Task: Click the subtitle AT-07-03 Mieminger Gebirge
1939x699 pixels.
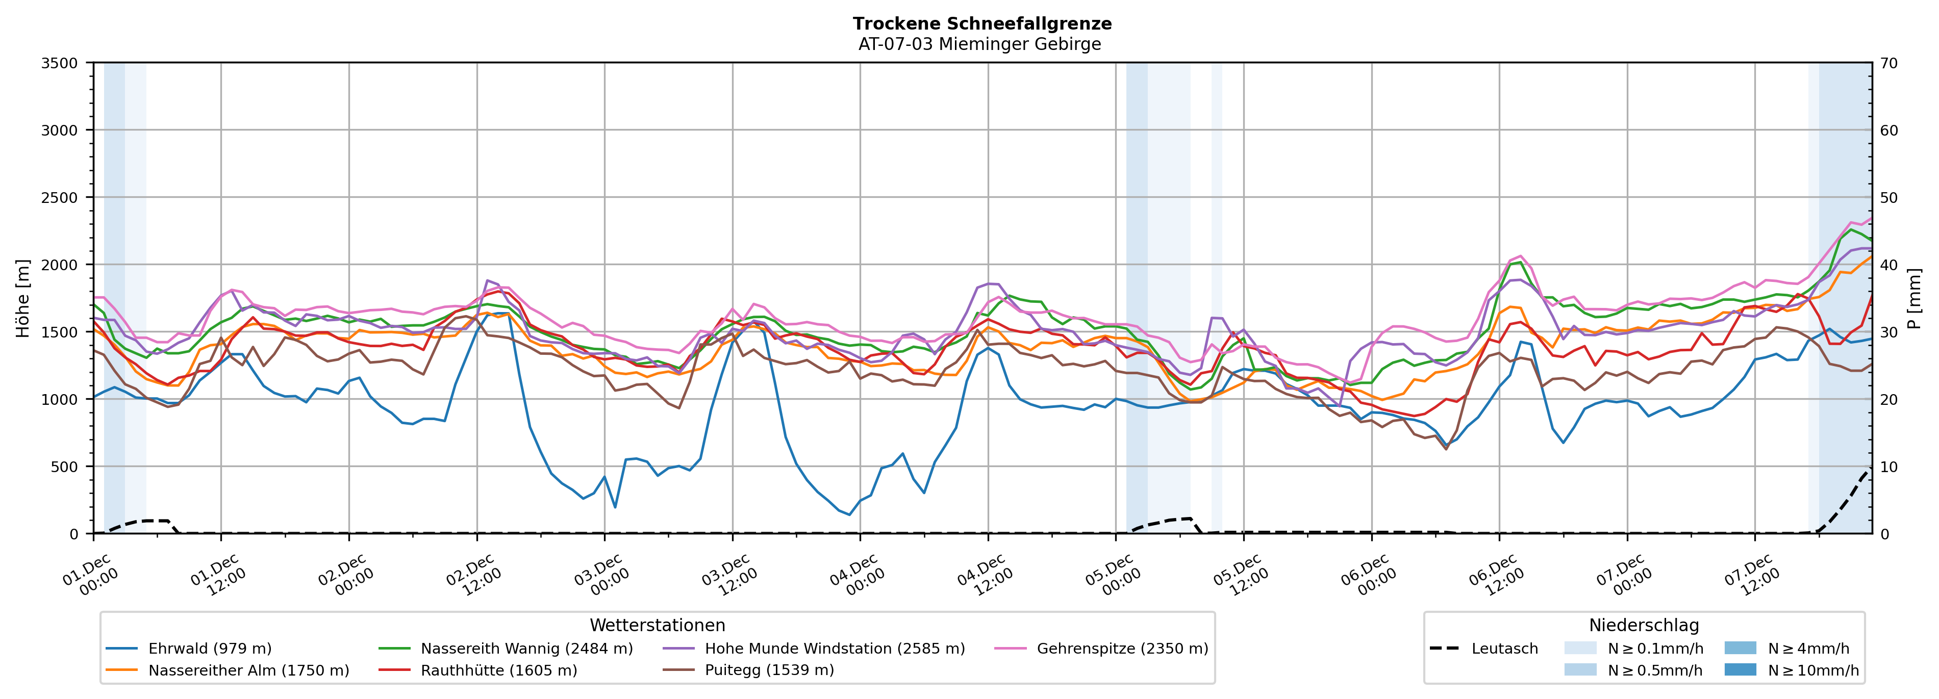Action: click(979, 44)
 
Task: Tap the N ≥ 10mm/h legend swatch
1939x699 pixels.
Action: click(1740, 669)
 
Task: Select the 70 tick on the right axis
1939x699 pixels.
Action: click(1890, 63)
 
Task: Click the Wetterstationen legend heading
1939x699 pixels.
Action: click(657, 625)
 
